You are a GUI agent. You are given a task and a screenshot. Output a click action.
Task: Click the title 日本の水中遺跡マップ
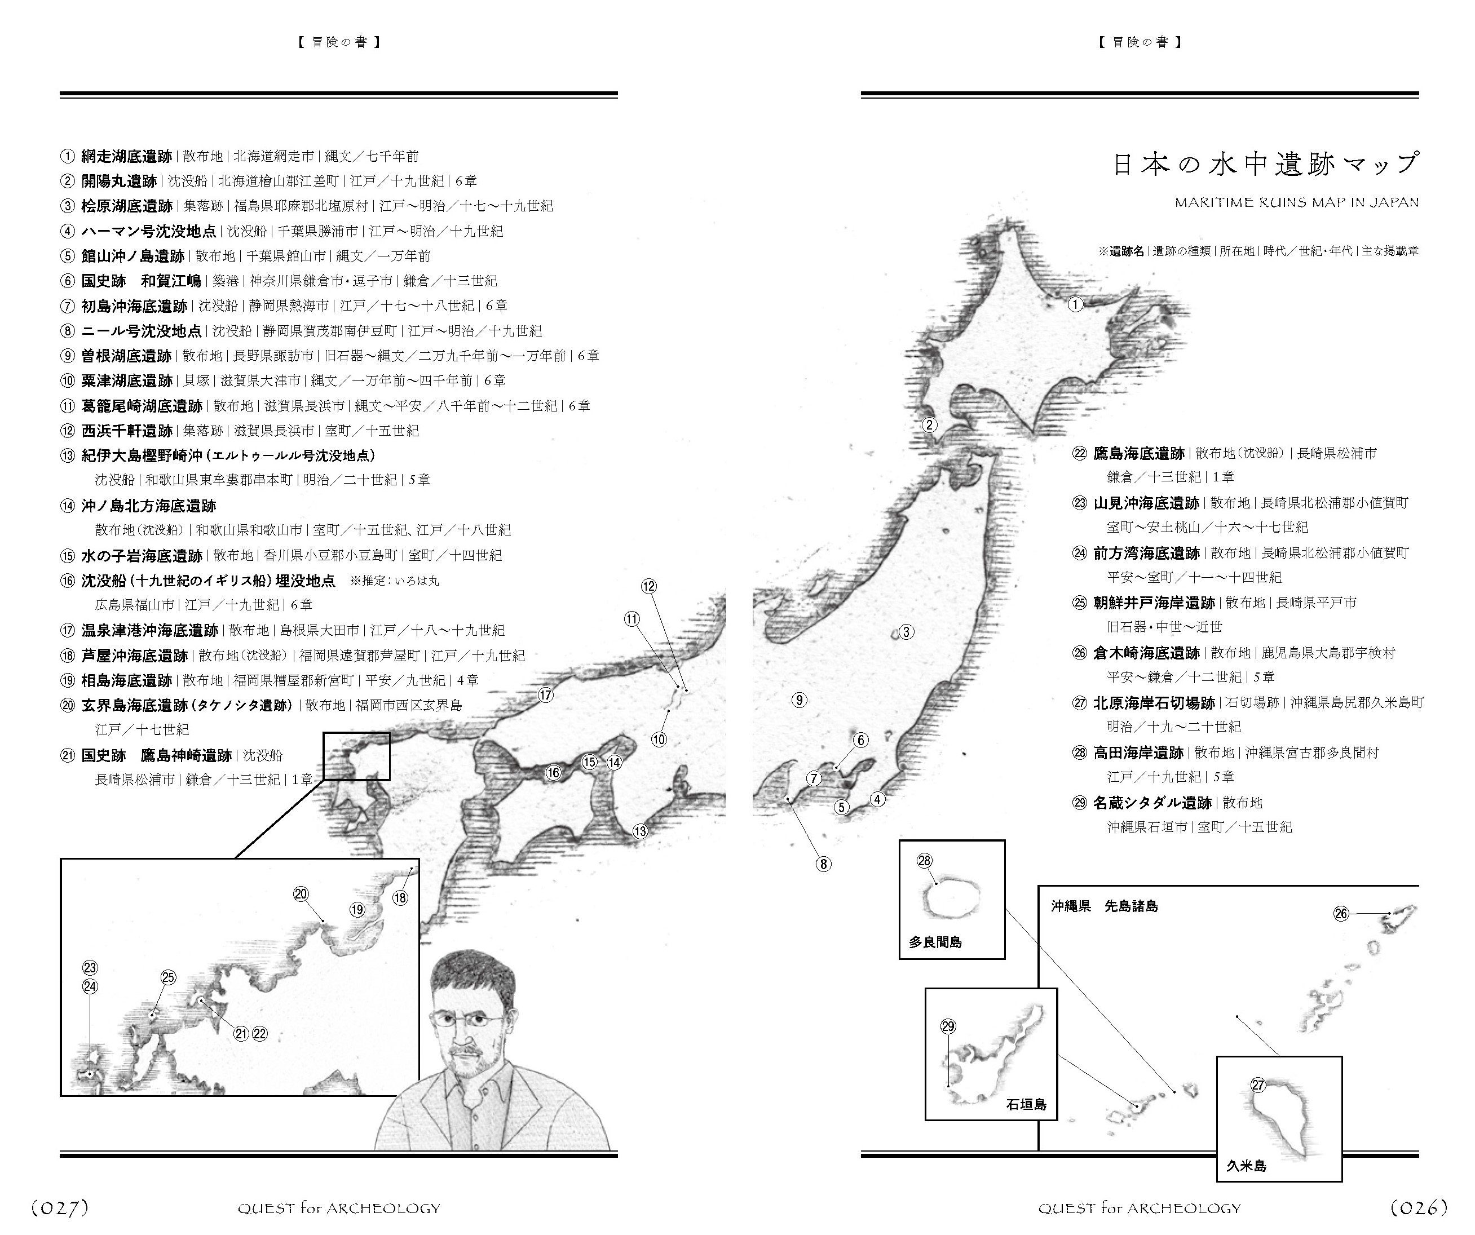[1266, 164]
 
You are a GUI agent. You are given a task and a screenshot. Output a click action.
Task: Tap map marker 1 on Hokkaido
[1075, 304]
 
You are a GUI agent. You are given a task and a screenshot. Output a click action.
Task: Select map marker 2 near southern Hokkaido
[929, 425]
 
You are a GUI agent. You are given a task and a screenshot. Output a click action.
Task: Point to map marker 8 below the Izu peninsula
[823, 864]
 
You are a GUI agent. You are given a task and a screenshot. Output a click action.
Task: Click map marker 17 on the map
[546, 695]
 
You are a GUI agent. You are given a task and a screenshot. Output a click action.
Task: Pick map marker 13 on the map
[640, 831]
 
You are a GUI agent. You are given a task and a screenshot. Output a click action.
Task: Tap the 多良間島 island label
[935, 942]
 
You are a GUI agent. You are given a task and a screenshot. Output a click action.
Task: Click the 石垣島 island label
[1026, 1104]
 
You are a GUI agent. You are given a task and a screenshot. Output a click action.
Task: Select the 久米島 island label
[1246, 1166]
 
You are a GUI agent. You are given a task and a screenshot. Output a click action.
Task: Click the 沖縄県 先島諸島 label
[1104, 906]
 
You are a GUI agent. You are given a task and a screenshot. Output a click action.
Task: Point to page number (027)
[60, 1207]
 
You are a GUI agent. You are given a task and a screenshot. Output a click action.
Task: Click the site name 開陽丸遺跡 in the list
[119, 181]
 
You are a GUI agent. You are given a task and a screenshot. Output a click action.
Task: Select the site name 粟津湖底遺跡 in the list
[126, 380]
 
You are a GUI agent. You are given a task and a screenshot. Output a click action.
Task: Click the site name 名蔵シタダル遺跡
[1152, 803]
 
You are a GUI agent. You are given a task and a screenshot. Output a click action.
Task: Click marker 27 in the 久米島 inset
[1258, 1085]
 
